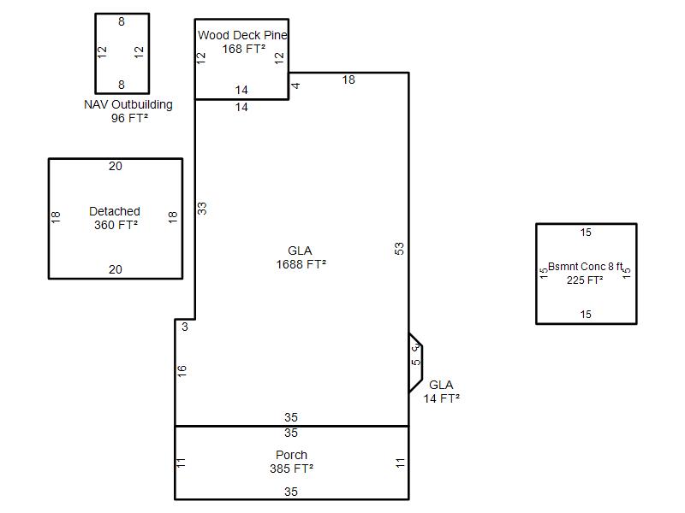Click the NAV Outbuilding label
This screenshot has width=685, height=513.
pyautogui.click(x=128, y=104)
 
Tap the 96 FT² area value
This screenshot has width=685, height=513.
pyautogui.click(x=130, y=118)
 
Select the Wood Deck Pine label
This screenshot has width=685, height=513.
pyautogui.click(x=242, y=35)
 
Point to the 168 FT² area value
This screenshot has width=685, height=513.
pyautogui.click(x=244, y=49)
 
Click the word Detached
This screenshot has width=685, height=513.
pyautogui.click(x=115, y=211)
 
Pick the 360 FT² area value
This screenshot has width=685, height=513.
pyautogui.click(x=116, y=225)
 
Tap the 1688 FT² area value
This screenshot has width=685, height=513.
pyautogui.click(x=301, y=264)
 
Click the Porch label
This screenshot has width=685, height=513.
pyautogui.click(x=291, y=455)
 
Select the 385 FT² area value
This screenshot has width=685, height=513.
pyautogui.click(x=291, y=469)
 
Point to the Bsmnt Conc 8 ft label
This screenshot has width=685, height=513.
pyautogui.click(x=586, y=267)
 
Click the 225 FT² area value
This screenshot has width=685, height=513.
pyautogui.click(x=585, y=280)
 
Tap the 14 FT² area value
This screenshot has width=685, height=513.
pyautogui.click(x=442, y=398)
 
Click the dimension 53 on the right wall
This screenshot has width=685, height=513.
pyautogui.click(x=399, y=249)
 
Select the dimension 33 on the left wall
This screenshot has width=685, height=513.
pyautogui.click(x=202, y=208)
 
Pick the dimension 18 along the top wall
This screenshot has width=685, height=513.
pyautogui.click(x=348, y=80)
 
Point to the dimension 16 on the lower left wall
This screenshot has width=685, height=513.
pyautogui.click(x=182, y=371)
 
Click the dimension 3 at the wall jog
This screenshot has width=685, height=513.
pyautogui.click(x=185, y=327)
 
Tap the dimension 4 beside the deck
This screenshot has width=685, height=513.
pyautogui.click(x=295, y=85)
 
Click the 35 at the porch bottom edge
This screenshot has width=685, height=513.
pyautogui.click(x=291, y=492)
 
